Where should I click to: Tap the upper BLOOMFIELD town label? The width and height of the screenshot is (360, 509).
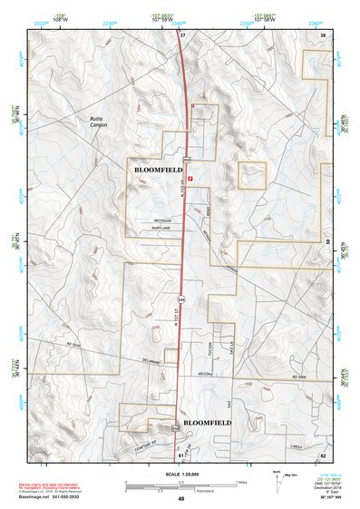point(158,170)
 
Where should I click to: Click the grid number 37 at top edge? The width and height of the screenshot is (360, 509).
point(181,34)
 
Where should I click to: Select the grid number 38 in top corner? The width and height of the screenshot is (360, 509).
point(322,34)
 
